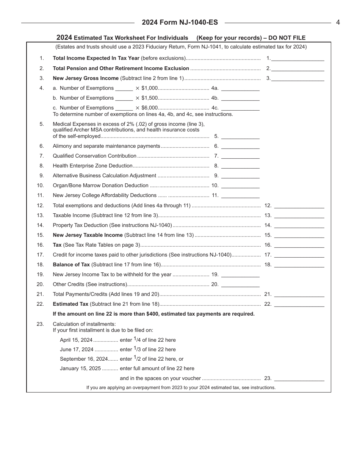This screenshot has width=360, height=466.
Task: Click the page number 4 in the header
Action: coord(338,22)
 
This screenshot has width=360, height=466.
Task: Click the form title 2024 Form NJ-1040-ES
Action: coord(180,22)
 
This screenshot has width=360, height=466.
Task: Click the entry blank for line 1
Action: coord(298,58)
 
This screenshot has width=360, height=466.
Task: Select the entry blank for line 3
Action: coord(298,78)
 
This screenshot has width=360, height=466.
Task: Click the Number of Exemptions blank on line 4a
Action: coord(124,88)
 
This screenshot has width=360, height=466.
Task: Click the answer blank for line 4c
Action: coord(240,108)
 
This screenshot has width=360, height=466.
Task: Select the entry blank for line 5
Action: coord(240,136)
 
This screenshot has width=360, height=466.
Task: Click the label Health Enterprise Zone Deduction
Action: coord(92,166)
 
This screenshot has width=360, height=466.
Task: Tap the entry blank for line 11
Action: coord(240,195)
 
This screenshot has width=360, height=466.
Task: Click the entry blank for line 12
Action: coord(299,205)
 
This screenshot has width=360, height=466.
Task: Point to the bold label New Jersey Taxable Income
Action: coord(88,235)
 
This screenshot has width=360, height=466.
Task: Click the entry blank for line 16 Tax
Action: coord(299,245)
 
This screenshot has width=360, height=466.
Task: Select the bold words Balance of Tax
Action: coord(71,264)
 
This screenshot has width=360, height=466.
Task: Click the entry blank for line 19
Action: coord(240,274)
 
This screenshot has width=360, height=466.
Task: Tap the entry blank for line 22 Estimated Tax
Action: coord(299,304)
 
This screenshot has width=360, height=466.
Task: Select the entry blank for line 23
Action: coord(299,378)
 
